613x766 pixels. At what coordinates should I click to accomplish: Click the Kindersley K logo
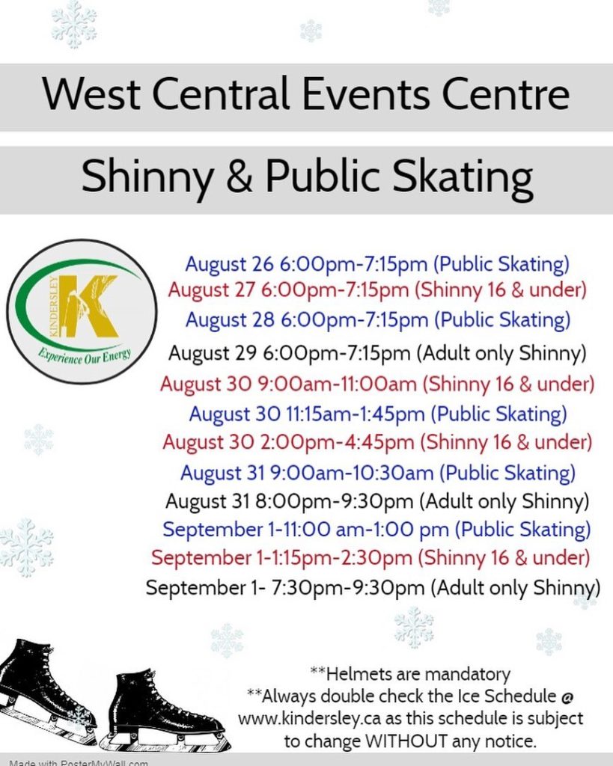82,311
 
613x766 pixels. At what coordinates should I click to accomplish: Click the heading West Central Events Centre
306,94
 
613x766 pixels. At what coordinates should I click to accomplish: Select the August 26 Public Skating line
377,264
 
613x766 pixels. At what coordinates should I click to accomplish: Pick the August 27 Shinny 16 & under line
377,290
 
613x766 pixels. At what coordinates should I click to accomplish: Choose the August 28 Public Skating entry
377,320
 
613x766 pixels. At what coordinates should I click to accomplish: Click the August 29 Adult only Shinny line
377,353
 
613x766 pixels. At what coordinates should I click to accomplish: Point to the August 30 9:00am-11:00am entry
377,384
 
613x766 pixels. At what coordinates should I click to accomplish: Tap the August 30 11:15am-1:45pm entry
378,414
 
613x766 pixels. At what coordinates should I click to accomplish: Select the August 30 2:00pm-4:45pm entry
377,443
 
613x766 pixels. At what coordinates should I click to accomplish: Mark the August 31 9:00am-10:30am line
377,473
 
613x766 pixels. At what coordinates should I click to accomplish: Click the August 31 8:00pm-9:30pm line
377,501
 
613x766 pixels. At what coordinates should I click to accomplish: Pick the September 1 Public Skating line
376,530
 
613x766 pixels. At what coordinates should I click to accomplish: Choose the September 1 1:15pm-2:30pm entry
370,558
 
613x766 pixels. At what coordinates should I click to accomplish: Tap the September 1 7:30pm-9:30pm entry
373,588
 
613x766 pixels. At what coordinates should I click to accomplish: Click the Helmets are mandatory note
410,674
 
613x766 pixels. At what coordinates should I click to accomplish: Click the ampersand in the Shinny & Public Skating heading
240,177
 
